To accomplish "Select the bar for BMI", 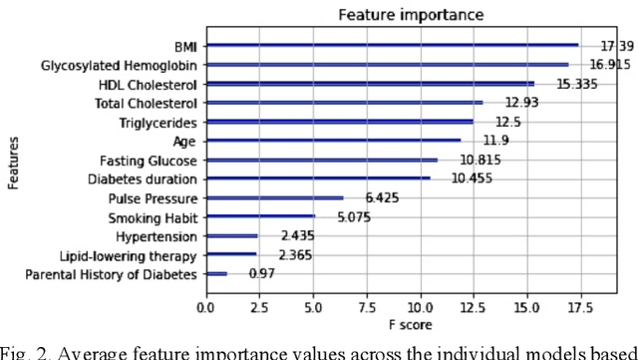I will (392, 45).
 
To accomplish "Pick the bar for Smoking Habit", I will (260, 216).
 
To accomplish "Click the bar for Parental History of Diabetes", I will (216, 273).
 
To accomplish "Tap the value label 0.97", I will (263, 273).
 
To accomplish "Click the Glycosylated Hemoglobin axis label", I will (120, 65).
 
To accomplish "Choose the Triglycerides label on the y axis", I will (159, 122).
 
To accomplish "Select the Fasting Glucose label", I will (149, 160).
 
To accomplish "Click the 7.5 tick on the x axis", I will (367, 307).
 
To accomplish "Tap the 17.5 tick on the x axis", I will (579, 307).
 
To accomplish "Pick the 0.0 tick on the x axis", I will (206, 307).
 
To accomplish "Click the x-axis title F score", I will (403, 325).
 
